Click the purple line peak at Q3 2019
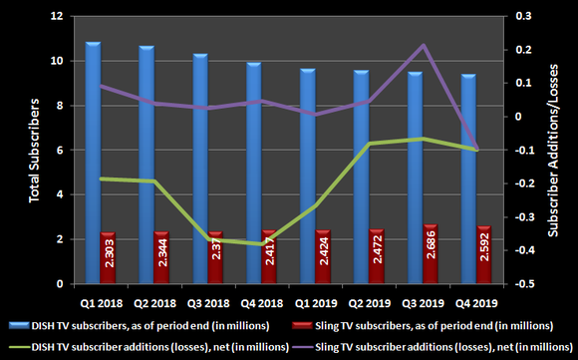click(x=423, y=45)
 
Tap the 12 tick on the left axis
click(x=57, y=17)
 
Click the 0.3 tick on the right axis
click(x=518, y=17)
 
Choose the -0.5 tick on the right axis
click(x=520, y=284)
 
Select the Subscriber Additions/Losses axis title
click(x=551, y=151)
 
